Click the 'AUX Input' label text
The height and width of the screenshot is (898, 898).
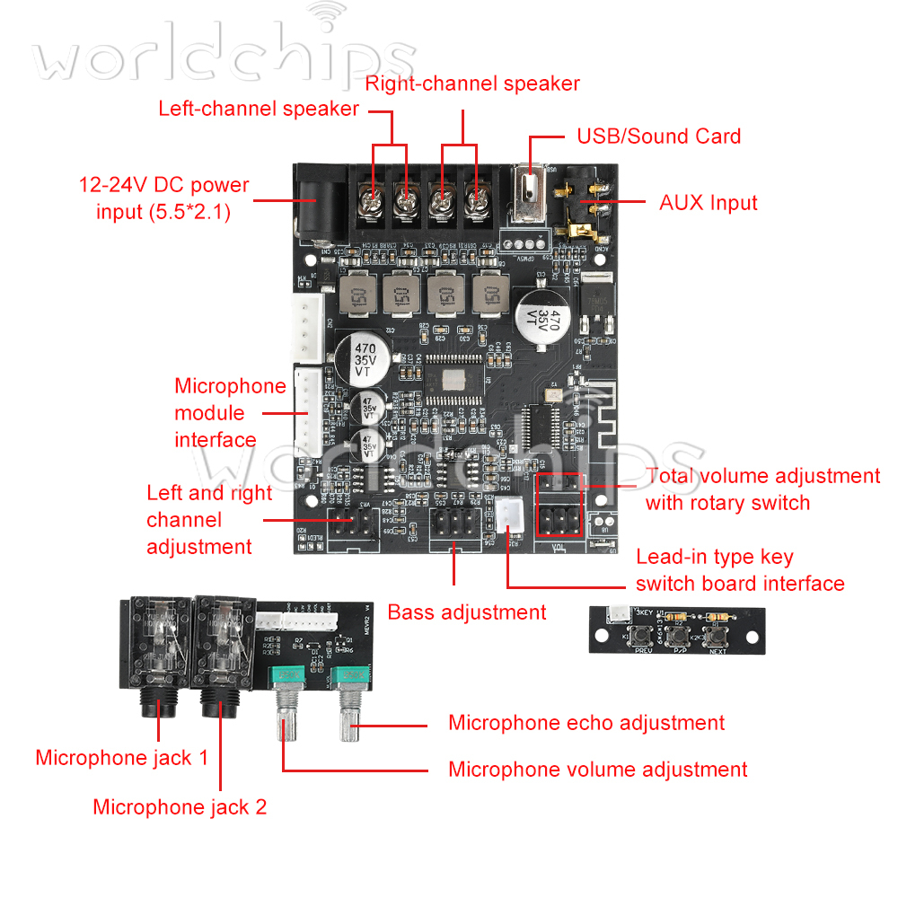[709, 202]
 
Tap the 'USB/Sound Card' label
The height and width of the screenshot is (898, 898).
[658, 136]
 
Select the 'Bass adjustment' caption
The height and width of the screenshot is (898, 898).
[466, 612]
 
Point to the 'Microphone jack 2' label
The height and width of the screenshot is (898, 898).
[180, 806]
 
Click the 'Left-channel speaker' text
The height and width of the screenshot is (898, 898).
[259, 109]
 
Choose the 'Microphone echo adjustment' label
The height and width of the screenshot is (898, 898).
[585, 722]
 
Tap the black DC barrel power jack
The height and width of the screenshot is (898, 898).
[315, 203]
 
